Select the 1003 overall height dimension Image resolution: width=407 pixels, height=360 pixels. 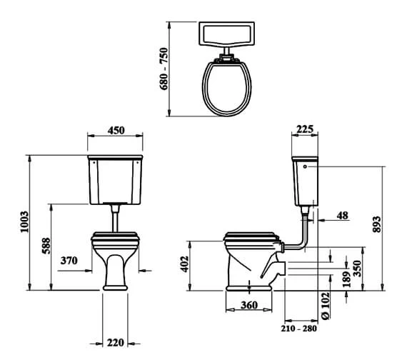click(x=24, y=223)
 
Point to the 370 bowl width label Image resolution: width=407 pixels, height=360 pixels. click(x=69, y=261)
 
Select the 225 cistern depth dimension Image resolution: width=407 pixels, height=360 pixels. click(x=304, y=129)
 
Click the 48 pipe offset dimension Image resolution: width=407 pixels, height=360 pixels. click(x=343, y=215)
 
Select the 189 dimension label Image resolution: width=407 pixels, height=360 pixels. click(x=346, y=276)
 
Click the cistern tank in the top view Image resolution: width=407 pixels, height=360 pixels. click(x=229, y=34)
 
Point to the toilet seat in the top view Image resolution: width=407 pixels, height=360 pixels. click(x=228, y=87)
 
